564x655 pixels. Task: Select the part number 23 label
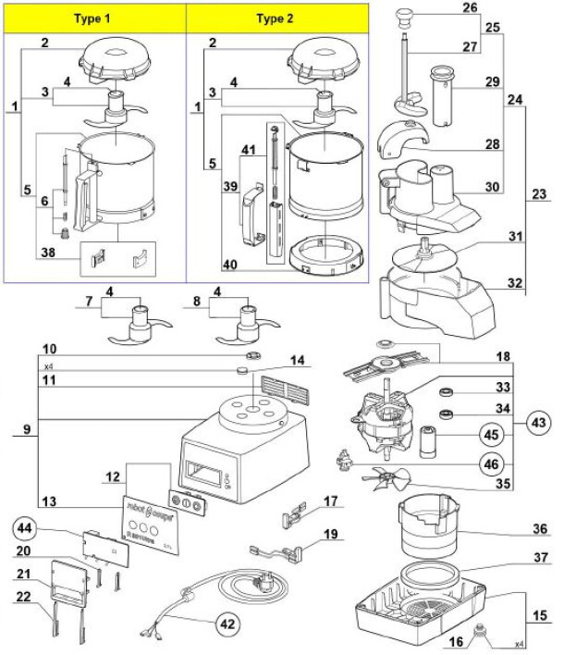538,195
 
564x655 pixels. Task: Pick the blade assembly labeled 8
249,324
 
